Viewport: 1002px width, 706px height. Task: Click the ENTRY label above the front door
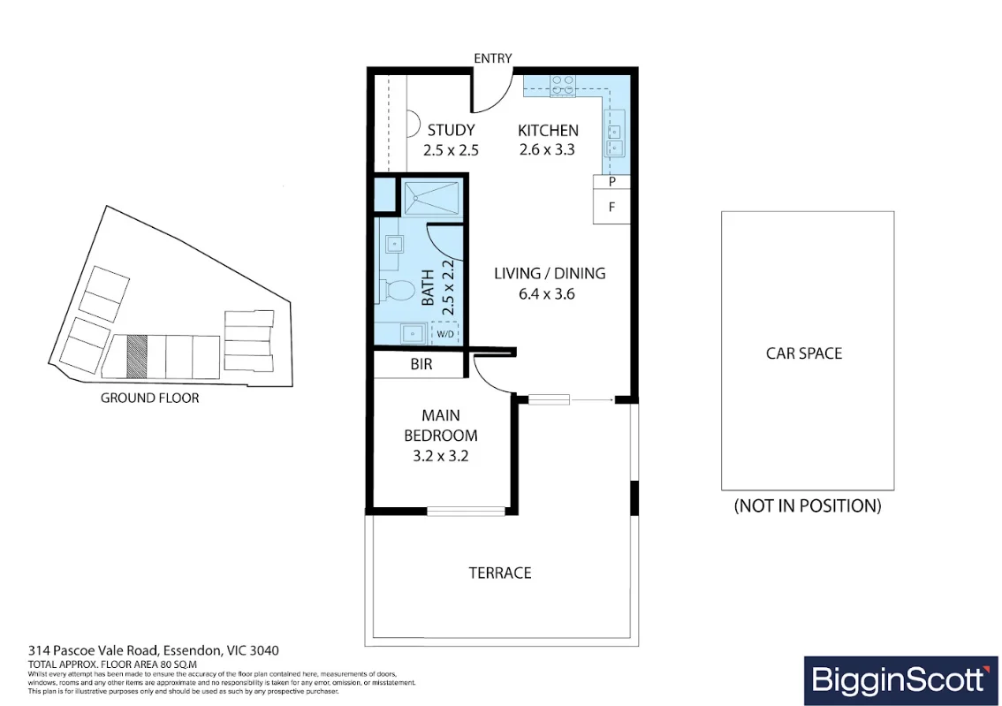493,58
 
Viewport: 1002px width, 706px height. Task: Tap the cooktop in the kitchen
563,87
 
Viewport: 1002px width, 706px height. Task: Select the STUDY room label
452,131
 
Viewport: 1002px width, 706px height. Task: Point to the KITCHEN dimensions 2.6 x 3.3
547,149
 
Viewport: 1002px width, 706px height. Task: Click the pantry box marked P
611,182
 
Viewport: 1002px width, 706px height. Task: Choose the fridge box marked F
611,207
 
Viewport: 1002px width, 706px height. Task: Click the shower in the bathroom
430,199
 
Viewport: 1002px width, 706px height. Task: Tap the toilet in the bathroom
399,292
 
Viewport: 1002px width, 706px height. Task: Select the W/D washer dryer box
445,333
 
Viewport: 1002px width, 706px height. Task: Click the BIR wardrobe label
421,364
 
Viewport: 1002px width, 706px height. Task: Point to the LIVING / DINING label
550,273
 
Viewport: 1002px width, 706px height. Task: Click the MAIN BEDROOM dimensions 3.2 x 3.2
440,456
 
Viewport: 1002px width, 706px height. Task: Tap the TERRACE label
500,573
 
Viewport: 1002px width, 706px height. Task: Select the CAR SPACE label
804,353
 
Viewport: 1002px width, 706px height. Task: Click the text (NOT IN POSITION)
808,506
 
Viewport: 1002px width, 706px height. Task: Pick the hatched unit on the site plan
137,356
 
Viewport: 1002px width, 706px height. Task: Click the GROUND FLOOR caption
149,398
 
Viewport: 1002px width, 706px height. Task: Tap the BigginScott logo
900,680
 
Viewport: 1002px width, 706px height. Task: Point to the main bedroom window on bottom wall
466,511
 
